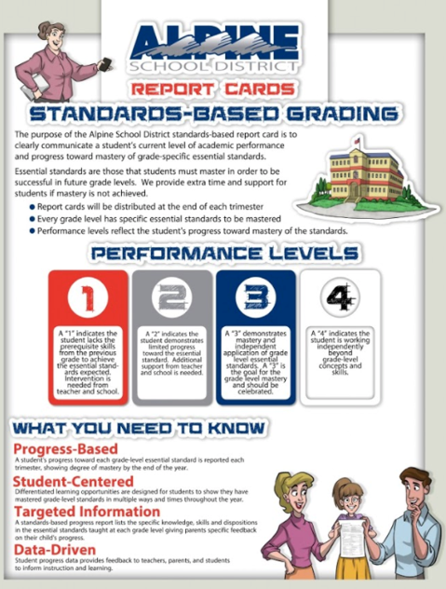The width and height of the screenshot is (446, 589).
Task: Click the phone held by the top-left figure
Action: [105, 65]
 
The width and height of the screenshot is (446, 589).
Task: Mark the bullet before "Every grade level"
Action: [33, 217]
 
